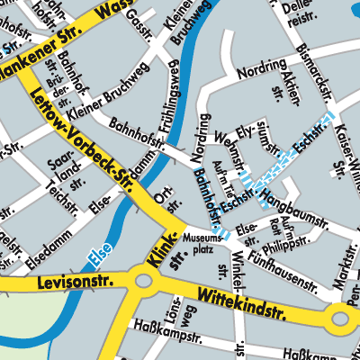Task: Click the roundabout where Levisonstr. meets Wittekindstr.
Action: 143,282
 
